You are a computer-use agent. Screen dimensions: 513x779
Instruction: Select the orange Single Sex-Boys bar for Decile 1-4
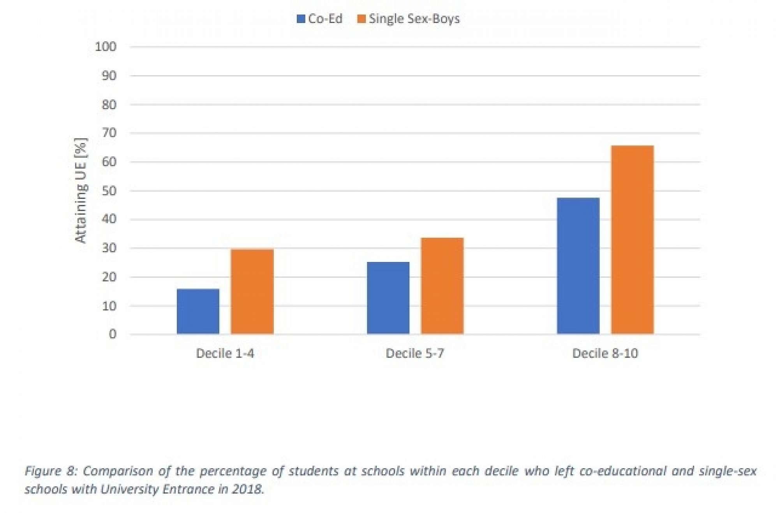click(x=252, y=291)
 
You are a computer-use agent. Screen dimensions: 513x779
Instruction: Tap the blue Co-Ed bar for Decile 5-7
click(x=388, y=298)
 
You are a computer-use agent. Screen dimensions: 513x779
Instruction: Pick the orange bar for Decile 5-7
click(x=442, y=286)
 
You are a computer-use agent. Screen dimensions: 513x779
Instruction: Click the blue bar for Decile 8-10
click(x=578, y=266)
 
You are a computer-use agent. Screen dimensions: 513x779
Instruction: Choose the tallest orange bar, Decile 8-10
click(x=632, y=240)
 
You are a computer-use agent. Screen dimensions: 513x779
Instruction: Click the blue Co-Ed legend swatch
click(x=301, y=19)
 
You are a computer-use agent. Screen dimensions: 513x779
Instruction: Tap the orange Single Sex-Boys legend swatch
click(x=361, y=19)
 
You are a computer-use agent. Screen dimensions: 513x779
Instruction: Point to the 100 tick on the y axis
click(x=106, y=47)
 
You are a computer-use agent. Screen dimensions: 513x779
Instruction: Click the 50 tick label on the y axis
click(x=109, y=191)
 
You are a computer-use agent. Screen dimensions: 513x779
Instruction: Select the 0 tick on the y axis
click(x=113, y=334)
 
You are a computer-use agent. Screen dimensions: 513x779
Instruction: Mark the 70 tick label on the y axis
click(x=109, y=133)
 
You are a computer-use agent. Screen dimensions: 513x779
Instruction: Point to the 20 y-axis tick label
click(x=109, y=277)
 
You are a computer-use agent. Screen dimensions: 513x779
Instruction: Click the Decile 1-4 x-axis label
click(x=225, y=353)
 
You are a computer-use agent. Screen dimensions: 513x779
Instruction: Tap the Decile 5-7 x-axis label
click(x=415, y=353)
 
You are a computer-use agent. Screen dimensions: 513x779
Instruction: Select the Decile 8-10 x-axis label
click(x=605, y=353)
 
